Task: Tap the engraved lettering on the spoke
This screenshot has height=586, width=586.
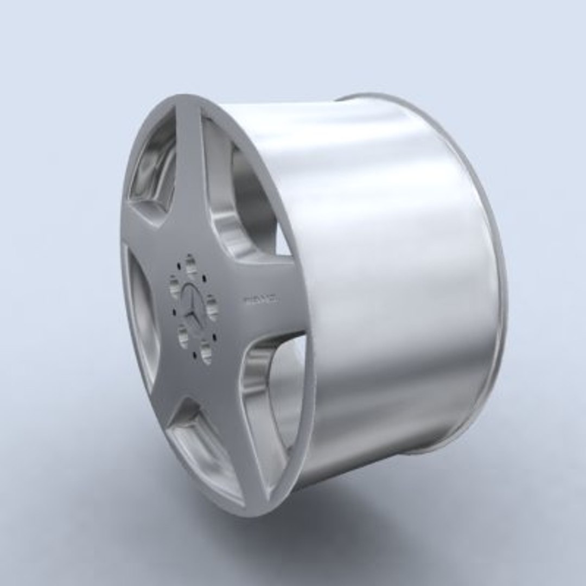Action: coord(261,299)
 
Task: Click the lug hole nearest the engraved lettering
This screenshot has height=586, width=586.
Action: coord(212,307)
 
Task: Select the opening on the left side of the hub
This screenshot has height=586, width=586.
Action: coord(142,320)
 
